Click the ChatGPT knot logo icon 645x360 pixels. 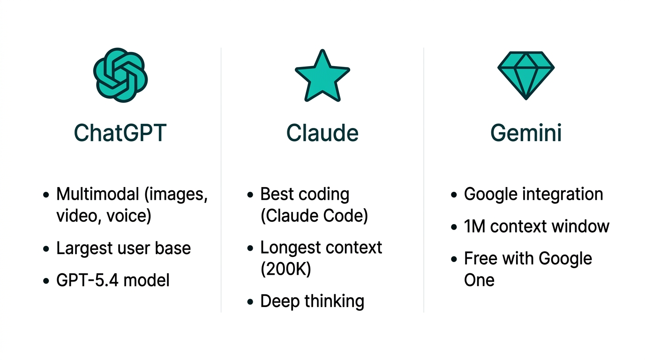(120, 75)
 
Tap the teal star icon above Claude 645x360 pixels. (322, 75)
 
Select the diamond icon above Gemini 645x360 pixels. (526, 75)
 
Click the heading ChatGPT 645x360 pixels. (120, 133)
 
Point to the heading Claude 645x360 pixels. (322, 133)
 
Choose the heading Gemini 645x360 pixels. (526, 133)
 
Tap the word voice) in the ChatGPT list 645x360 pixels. (129, 216)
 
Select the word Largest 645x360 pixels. (84, 248)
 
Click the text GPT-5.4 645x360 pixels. (87, 280)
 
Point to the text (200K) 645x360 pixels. (285, 269)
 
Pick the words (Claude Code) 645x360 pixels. (314, 216)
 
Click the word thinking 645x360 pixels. (334, 301)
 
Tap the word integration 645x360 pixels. (566, 194)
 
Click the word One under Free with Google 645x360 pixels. (479, 280)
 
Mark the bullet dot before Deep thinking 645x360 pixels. (250, 302)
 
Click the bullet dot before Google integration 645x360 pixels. (454, 195)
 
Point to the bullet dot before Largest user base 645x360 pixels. (46, 249)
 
